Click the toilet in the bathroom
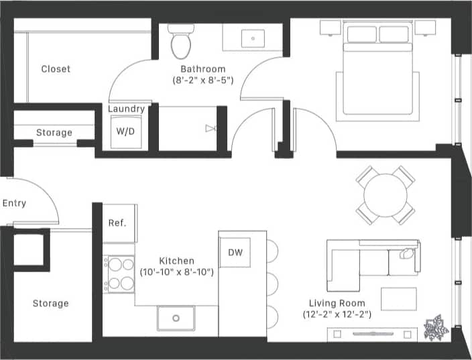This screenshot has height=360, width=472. (x=180, y=42)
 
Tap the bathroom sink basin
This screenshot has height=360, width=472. (x=253, y=39)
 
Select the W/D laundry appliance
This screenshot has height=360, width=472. (x=125, y=131)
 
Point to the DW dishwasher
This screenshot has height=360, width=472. (x=235, y=252)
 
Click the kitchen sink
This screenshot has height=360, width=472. (x=176, y=318)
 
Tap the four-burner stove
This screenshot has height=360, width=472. (x=119, y=273)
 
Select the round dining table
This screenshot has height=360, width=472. (x=385, y=195)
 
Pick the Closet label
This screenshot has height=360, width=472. (x=56, y=69)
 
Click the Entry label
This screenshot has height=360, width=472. (x=14, y=203)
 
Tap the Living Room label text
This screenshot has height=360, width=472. (x=336, y=303)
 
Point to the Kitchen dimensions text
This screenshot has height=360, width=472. (x=177, y=272)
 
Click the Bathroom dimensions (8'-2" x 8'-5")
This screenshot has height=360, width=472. (x=202, y=80)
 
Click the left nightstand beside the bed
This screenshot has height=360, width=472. (x=329, y=27)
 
